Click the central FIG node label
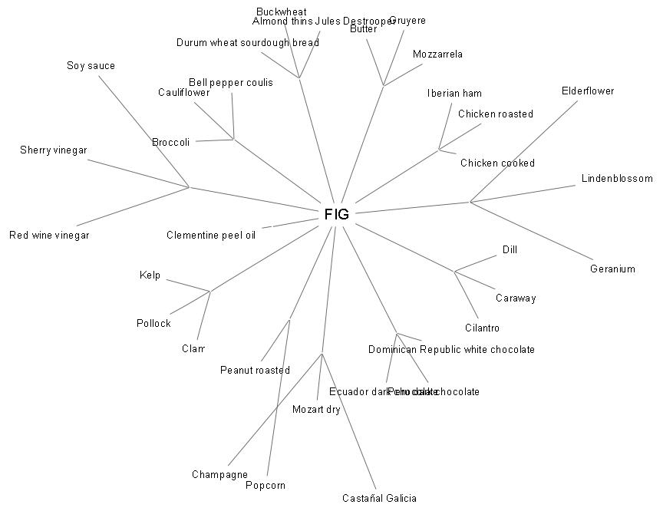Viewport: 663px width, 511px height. (336, 214)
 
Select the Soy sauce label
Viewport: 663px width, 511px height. (91, 66)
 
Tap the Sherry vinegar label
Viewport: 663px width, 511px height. (53, 150)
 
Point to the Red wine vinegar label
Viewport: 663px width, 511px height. (49, 236)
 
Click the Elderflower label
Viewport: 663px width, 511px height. (588, 91)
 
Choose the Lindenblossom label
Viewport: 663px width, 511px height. (617, 179)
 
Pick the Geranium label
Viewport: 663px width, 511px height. (612, 269)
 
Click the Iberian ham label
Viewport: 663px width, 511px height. (454, 94)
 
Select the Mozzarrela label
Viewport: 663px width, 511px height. (437, 54)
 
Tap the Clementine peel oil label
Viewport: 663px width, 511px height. (211, 235)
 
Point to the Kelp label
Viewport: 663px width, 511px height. (150, 275)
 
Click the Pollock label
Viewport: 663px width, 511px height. (153, 324)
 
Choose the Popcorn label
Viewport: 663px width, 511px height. (266, 486)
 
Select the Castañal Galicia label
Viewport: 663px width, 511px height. (379, 498)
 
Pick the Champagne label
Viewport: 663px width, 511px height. (219, 475)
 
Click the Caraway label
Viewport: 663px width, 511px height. (516, 298)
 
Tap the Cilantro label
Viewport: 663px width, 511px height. (482, 328)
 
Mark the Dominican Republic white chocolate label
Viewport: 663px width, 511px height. (451, 350)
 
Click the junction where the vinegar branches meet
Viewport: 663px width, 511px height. (189, 186)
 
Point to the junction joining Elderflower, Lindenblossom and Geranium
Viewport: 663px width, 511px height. (470, 202)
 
